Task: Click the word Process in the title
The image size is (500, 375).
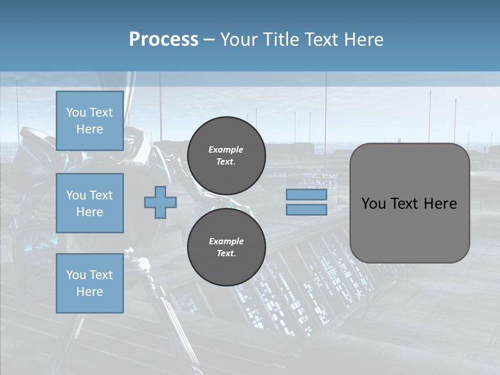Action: click(164, 40)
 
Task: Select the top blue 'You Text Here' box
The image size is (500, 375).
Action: click(90, 121)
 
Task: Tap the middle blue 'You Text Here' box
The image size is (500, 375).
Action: click(90, 203)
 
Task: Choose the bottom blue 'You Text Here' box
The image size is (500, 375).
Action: click(90, 283)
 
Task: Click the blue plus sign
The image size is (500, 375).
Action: click(160, 203)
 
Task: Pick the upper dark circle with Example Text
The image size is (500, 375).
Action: click(227, 156)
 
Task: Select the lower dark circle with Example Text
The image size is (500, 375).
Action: click(227, 247)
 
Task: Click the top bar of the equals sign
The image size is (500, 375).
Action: click(306, 195)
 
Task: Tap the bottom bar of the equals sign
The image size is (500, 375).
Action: click(306, 210)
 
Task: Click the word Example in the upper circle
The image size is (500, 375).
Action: click(226, 150)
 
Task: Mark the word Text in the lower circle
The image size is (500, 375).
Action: click(226, 254)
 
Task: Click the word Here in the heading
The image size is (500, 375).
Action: click(364, 40)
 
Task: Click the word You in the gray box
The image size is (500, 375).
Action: click(373, 204)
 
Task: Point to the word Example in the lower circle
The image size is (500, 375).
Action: click(226, 242)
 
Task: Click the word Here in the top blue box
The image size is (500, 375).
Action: click(90, 129)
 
